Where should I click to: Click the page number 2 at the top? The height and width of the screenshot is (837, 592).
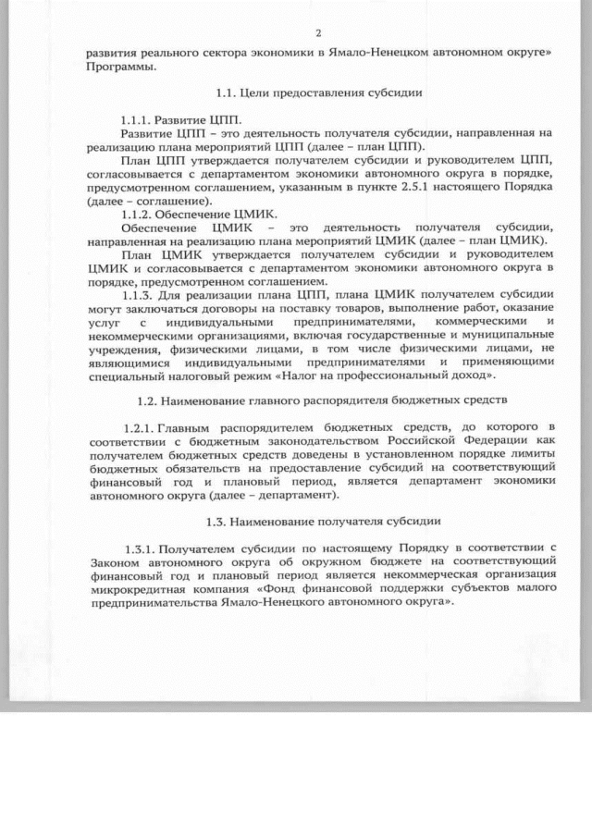(318, 33)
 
